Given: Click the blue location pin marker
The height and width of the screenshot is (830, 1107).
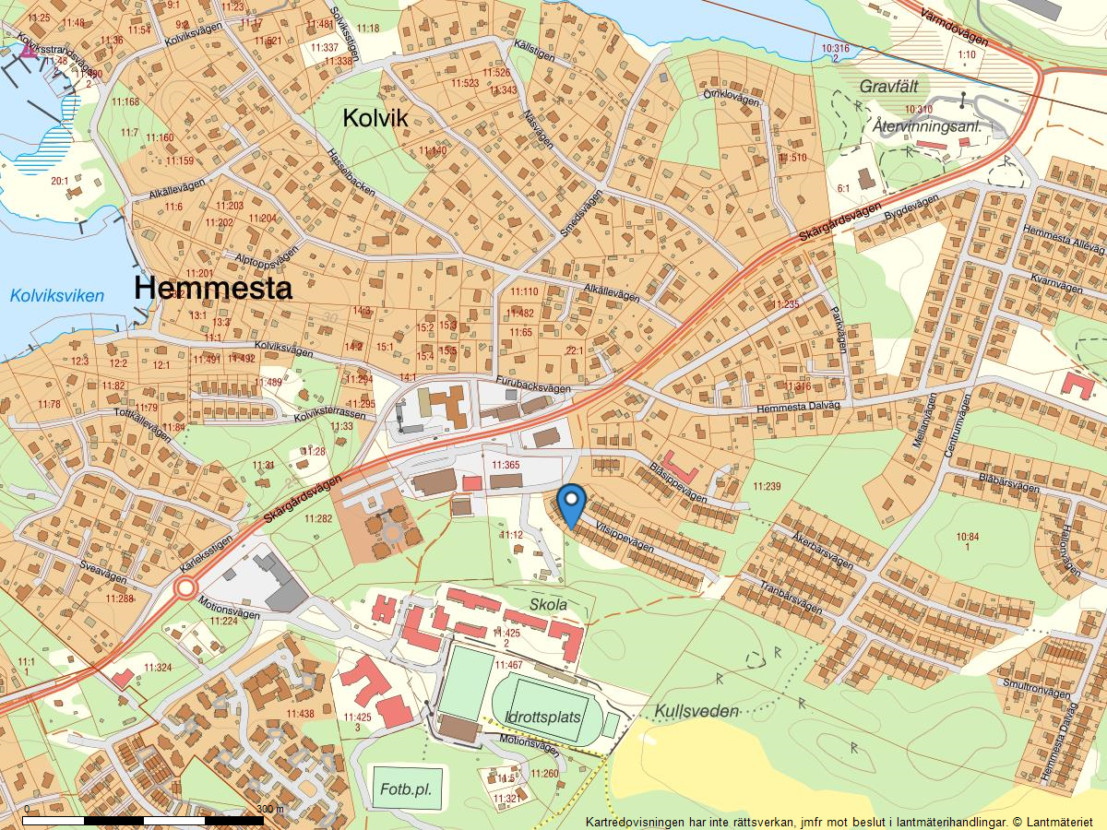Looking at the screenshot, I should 573,503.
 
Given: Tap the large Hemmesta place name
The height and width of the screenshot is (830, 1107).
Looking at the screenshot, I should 213,288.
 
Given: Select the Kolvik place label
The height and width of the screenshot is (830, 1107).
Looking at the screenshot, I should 375,118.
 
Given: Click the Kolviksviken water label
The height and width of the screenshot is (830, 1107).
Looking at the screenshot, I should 57,296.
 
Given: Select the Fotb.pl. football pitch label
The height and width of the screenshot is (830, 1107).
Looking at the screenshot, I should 406,790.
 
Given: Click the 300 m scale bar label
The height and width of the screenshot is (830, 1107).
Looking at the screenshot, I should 269,809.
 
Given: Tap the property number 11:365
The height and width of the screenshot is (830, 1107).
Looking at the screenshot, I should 506,466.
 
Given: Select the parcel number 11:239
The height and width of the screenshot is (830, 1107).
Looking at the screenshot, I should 767,486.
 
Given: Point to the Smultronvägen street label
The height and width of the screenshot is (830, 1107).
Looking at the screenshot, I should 1039,693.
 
